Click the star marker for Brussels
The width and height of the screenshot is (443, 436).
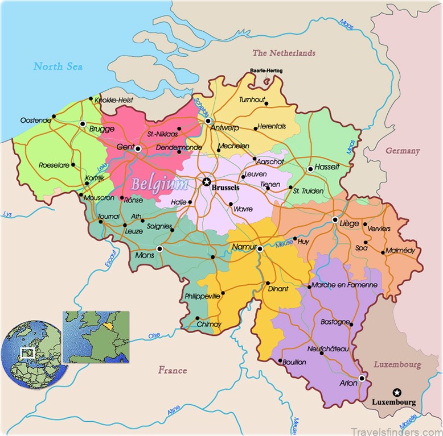pyautogui.click(x=206, y=182)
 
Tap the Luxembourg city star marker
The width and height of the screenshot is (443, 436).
pyautogui.click(x=397, y=392)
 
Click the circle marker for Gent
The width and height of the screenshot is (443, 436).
pyautogui.click(x=138, y=149)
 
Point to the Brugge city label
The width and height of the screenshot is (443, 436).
pyautogui.click(x=102, y=129)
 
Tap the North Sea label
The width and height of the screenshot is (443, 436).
pyautogui.click(x=58, y=67)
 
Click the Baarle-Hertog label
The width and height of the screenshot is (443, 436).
pyautogui.click(x=266, y=71)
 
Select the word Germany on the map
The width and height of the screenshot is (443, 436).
pyautogui.click(x=403, y=151)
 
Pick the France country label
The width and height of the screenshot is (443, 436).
pyautogui.click(x=173, y=371)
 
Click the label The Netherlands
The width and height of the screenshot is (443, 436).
pyautogui.click(x=284, y=53)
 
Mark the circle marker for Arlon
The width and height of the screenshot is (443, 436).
pyautogui.click(x=362, y=378)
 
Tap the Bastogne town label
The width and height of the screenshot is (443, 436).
pyautogui.click(x=335, y=322)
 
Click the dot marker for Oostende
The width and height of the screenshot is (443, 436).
pyautogui.click(x=54, y=117)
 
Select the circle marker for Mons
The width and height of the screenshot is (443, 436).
pyautogui.click(x=159, y=248)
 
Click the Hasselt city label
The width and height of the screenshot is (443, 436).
pyautogui.click(x=327, y=167)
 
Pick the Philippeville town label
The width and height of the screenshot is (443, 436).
pyautogui.click(x=202, y=297)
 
